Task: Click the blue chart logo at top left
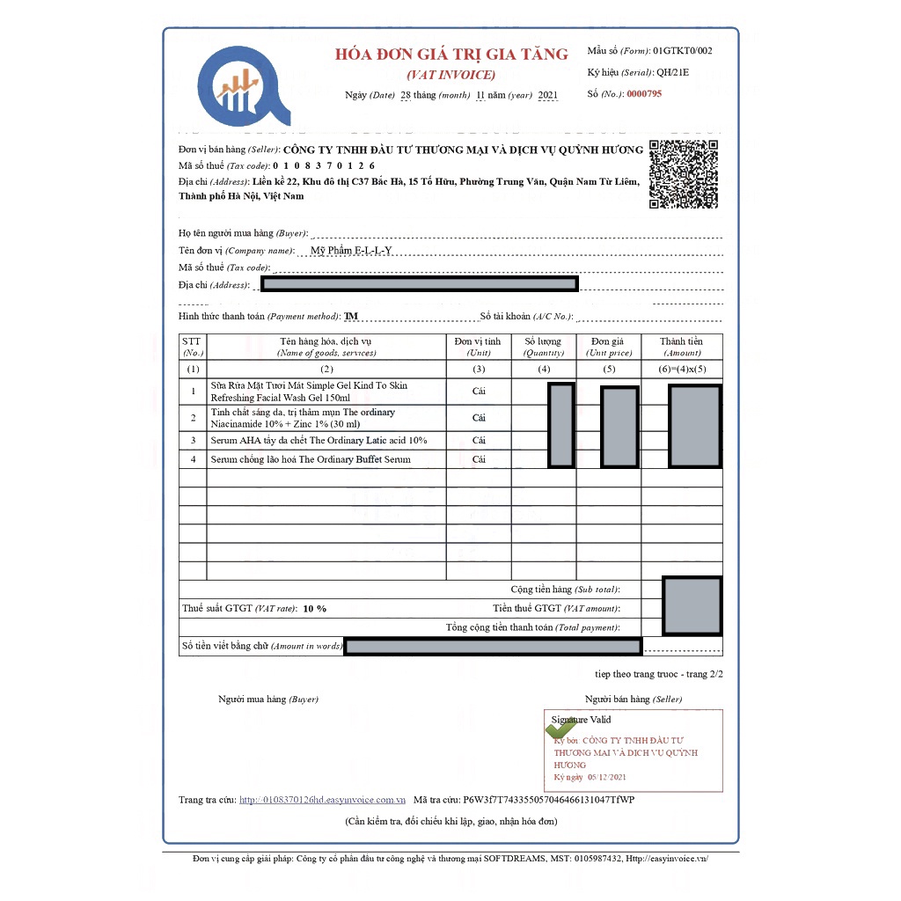point(243,86)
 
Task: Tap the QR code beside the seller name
point(683,174)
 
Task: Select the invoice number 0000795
point(643,93)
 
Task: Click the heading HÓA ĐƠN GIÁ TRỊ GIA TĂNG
point(451,55)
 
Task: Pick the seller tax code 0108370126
point(324,165)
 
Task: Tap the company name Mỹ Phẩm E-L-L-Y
point(351,251)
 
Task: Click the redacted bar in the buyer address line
point(420,284)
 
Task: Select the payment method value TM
point(351,316)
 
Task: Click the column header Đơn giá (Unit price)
point(609,347)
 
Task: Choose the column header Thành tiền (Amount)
point(681,347)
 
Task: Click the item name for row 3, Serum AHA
point(319,440)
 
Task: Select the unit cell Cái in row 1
point(479,391)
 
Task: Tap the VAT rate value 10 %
point(314,609)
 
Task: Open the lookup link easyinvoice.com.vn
point(322,800)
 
